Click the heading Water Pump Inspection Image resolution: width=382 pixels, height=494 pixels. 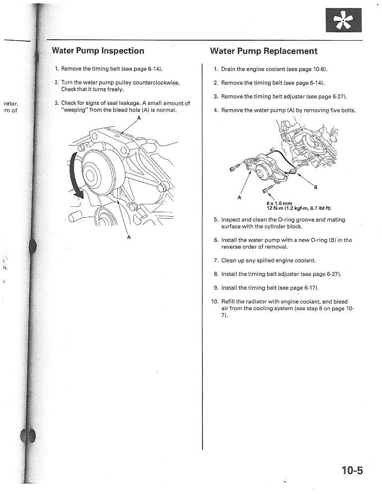[x=98, y=51]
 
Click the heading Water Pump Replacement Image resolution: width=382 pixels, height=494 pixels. [x=264, y=51]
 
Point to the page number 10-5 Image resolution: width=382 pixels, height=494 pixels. [x=352, y=470]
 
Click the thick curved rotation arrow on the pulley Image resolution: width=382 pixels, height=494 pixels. [x=76, y=176]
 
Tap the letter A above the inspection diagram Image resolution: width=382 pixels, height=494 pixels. [x=139, y=118]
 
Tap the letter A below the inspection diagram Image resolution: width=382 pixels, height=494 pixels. [x=129, y=237]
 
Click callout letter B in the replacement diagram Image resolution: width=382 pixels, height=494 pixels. [x=315, y=187]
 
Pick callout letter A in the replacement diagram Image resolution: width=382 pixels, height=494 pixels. [x=239, y=197]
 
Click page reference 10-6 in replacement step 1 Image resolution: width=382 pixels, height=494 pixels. [x=317, y=69]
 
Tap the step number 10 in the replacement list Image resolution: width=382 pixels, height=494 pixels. [x=214, y=302]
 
